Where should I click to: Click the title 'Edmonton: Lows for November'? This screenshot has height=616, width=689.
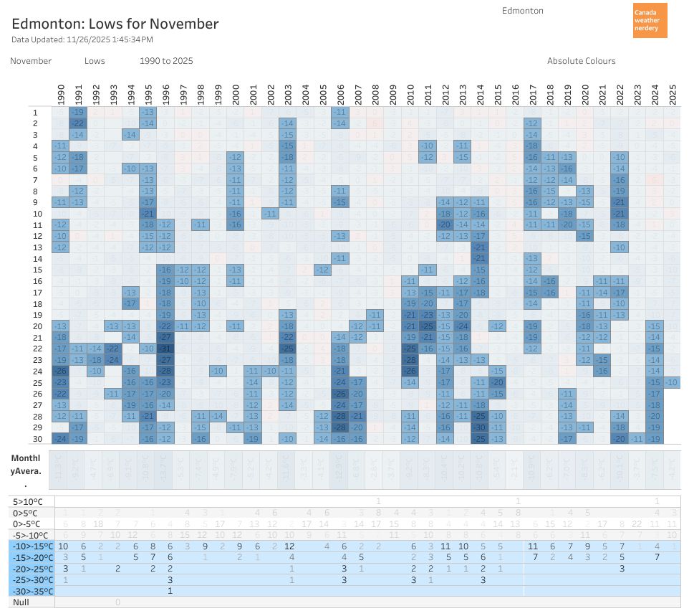pos(115,24)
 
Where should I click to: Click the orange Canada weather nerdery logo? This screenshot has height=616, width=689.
pos(650,20)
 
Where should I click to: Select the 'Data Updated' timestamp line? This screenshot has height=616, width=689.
pos(82,39)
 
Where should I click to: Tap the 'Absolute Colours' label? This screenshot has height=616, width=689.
pos(581,61)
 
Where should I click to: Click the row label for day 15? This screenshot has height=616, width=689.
pos(35,270)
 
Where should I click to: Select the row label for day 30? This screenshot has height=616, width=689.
pos(35,439)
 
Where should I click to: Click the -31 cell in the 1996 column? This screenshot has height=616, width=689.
pos(165,349)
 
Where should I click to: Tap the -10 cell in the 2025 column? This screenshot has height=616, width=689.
pos(672,382)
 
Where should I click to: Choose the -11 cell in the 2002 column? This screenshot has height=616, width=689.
pos(270,214)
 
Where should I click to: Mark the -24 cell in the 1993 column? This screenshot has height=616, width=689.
pos(113,360)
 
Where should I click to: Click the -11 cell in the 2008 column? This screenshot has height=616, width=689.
pos(375,315)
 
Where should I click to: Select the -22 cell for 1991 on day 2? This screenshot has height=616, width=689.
pos(78,123)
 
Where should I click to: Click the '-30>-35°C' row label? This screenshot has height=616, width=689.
pos(32,591)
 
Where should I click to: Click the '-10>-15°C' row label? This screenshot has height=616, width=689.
pos(32,546)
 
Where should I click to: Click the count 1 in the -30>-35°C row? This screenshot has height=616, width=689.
pos(170,591)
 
